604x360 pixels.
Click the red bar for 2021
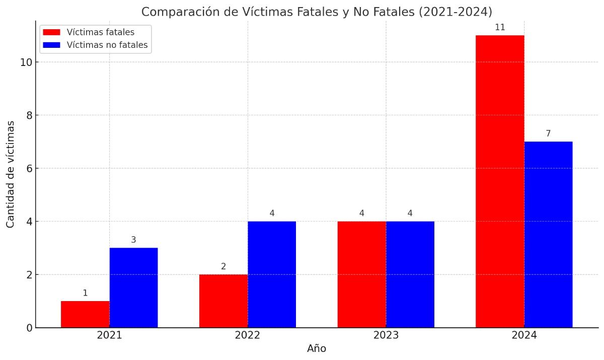pos(85,314)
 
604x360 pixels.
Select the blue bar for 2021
pos(133,287)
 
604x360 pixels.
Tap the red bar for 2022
pos(223,301)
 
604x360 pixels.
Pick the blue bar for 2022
pos(272,274)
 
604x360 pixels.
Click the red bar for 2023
pos(361,274)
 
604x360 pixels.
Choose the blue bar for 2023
pos(410,274)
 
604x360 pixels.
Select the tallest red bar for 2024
pos(500,181)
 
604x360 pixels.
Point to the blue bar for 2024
pos(548,235)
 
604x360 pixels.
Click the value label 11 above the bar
pos(500,28)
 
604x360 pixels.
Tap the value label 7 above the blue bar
pos(548,134)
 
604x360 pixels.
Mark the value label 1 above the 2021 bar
pos(85,293)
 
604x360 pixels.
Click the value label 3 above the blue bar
pos(133,240)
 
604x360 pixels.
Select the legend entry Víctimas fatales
pos(100,32)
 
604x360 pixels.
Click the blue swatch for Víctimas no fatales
pos(51,45)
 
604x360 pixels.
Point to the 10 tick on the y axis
pos(26,62)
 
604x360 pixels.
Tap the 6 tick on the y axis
pos(29,169)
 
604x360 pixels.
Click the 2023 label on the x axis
pos(386,335)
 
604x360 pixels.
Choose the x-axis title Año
pos(317,348)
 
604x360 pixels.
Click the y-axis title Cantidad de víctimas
pos(10,174)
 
